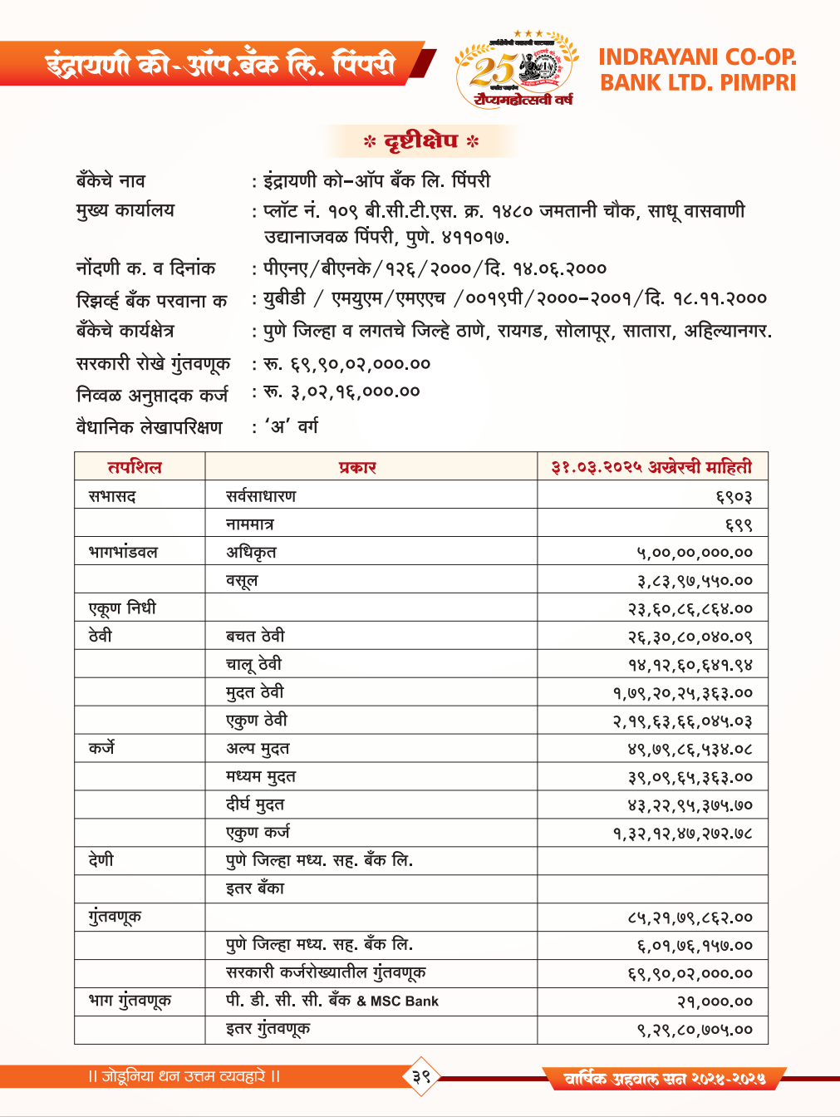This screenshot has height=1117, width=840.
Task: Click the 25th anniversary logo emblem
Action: (x=515, y=70)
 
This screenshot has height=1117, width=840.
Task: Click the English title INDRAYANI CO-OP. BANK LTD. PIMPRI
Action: (x=697, y=70)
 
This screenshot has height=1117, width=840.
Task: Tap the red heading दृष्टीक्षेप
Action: (x=421, y=141)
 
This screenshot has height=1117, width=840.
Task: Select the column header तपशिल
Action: (x=135, y=467)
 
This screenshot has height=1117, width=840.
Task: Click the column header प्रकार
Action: (x=358, y=467)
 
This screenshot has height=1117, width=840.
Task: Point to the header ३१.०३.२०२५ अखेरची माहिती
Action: (x=651, y=467)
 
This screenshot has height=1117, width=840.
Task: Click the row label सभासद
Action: (x=112, y=496)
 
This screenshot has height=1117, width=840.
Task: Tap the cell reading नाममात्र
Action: (x=250, y=524)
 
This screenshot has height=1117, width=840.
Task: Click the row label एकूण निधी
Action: (x=122, y=608)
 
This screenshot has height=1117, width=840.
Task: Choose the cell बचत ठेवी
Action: (x=255, y=637)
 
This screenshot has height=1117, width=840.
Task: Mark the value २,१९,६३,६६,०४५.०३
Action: (x=683, y=721)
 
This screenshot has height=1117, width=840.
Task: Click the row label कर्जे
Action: (x=102, y=748)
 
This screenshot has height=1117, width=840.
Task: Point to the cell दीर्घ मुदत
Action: (x=255, y=805)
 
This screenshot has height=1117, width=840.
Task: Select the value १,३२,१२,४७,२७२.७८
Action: (x=683, y=834)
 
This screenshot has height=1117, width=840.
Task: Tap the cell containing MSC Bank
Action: (x=332, y=1001)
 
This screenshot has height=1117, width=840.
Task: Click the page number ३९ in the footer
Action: (x=421, y=1076)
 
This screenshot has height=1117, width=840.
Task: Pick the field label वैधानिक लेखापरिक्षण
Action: (x=150, y=427)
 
